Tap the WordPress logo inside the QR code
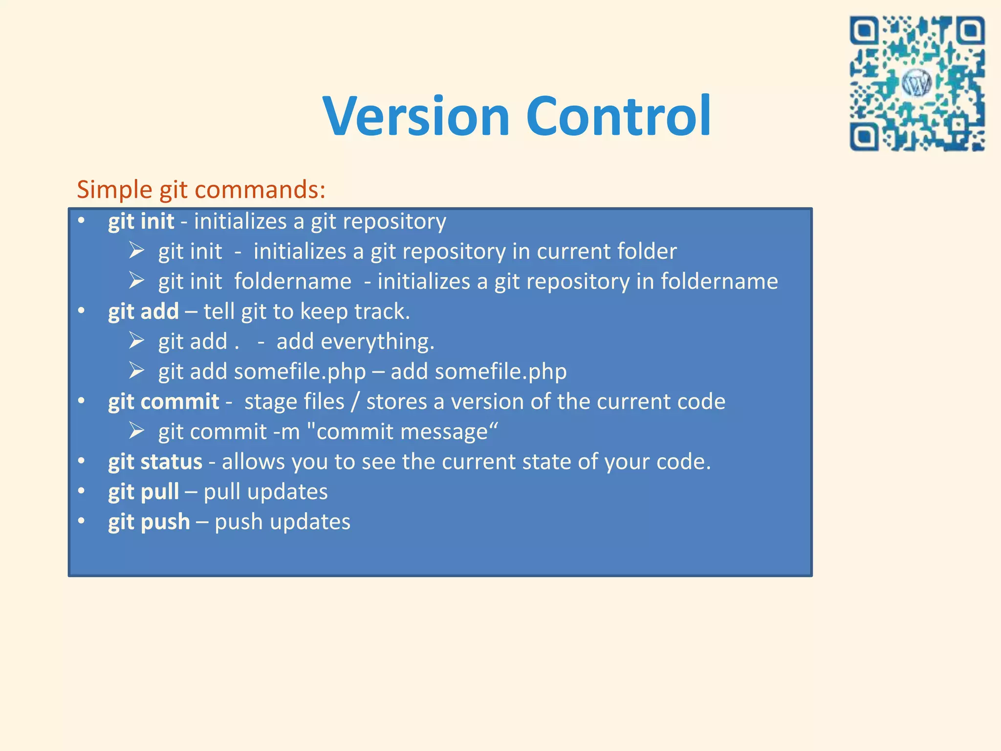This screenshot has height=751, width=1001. tap(916, 84)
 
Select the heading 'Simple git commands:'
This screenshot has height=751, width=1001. tap(201, 190)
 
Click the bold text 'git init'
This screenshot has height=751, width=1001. tap(141, 221)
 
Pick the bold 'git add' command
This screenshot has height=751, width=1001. tap(143, 311)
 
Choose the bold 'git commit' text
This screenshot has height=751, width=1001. tap(163, 402)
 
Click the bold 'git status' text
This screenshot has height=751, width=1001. tap(155, 462)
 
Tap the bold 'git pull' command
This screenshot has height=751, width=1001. tap(143, 492)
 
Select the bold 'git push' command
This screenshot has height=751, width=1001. tap(149, 522)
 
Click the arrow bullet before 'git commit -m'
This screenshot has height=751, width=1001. tap(136, 431)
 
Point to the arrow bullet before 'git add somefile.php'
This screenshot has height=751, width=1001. tap(136, 371)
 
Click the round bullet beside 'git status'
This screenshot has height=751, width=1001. tap(82, 461)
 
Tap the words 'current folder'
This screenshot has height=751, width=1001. tap(607, 251)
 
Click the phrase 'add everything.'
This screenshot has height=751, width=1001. tap(355, 341)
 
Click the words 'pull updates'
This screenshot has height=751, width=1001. tap(265, 492)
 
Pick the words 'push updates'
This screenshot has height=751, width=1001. tap(282, 522)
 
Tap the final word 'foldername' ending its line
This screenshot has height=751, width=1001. tap(719, 282)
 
